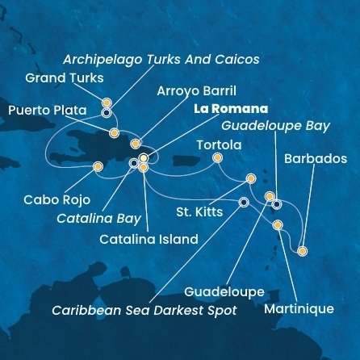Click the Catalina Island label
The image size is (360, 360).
point(149,239)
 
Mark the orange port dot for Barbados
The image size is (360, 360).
point(302,251)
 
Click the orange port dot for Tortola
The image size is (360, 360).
point(216,158)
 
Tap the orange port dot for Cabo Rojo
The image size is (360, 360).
point(98,167)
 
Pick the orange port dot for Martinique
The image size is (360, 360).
point(278,225)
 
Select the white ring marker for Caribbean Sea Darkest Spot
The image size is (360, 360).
point(244,203)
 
